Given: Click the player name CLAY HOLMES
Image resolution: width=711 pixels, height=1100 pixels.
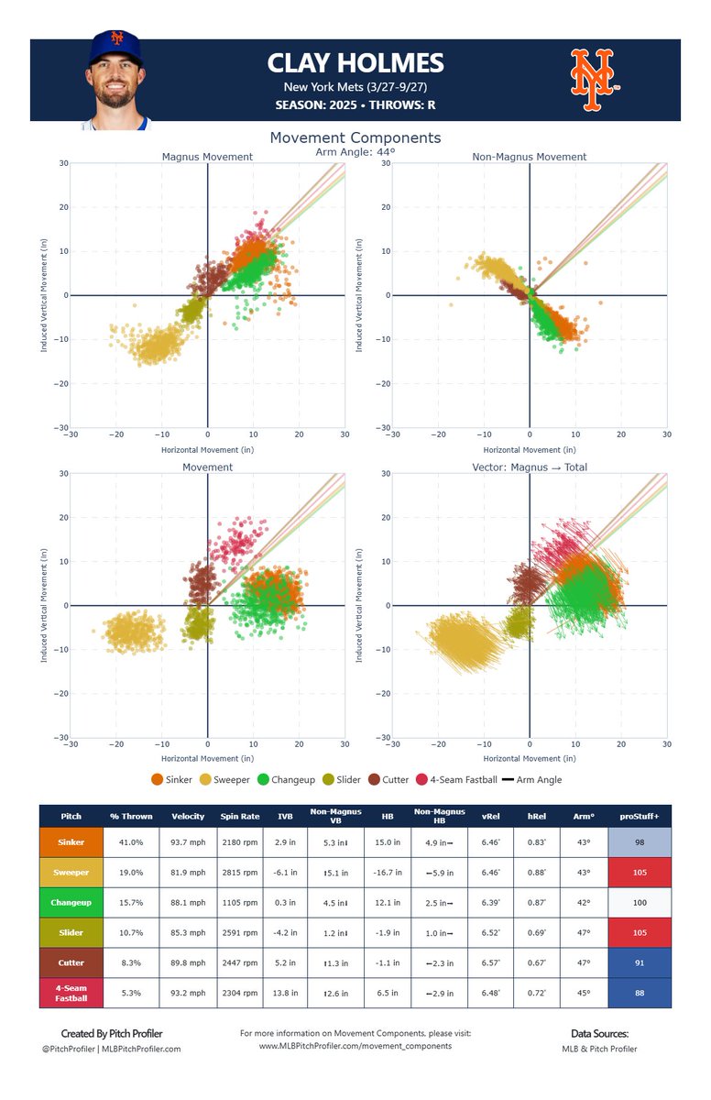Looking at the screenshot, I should [355, 63].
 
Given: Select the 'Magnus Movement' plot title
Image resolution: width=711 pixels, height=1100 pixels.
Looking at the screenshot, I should [207, 157].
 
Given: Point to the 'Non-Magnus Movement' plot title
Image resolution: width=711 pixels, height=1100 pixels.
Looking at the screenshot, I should [529, 157].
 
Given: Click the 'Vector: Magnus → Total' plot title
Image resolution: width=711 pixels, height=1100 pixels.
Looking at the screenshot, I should [529, 467].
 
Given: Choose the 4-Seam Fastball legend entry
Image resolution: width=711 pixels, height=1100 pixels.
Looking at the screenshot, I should [455, 779].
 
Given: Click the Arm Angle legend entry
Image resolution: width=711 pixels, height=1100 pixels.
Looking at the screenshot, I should [532, 779].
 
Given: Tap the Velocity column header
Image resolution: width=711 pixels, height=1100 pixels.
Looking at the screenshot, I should [188, 816].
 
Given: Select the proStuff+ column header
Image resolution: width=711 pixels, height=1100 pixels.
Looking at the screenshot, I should [645, 816].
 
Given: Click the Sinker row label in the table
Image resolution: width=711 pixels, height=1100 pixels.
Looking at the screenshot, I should [71, 842].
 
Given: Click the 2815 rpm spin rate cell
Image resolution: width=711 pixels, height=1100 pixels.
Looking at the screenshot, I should [240, 873].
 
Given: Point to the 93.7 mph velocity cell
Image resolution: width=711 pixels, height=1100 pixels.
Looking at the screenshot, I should [188, 842].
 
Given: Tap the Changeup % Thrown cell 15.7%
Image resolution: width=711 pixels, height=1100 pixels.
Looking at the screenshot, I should [131, 902].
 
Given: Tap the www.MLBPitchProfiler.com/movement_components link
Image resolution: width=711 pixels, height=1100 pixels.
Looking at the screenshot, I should [355, 1045].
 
